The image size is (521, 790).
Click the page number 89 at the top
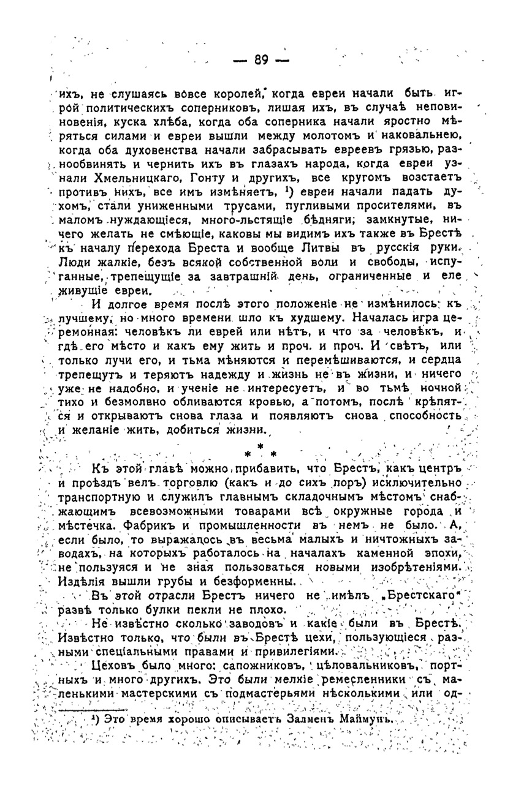coord(260,59)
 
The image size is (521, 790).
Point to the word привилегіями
coord(297,651)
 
